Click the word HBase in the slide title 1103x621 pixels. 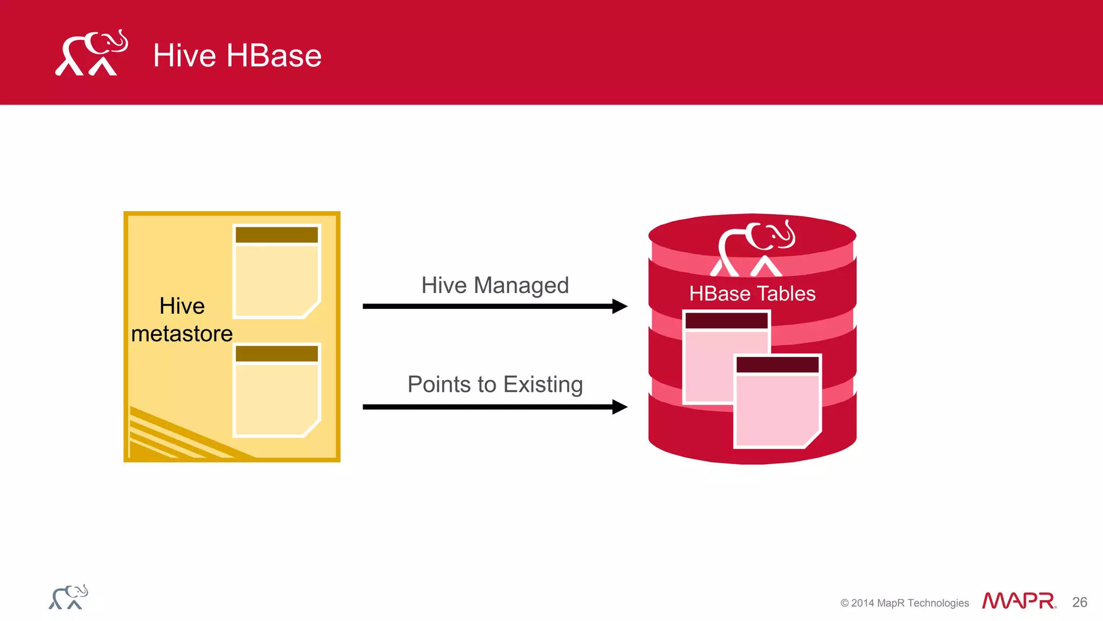pos(274,56)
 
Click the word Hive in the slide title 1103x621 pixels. pos(184,56)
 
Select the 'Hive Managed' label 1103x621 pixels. pos(494,285)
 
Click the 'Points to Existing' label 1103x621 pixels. pos(494,384)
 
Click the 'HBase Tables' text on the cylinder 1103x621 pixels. pos(752,294)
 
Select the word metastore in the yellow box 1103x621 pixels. pos(181,334)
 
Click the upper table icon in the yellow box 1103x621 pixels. pos(277,271)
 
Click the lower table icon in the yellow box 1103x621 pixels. pos(277,390)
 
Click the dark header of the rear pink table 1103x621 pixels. pos(726,321)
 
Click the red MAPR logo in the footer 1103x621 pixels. pos(1018,601)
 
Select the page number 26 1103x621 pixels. pos(1079,602)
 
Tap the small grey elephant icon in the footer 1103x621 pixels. pos(68,597)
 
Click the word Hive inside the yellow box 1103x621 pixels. pos(181,306)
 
